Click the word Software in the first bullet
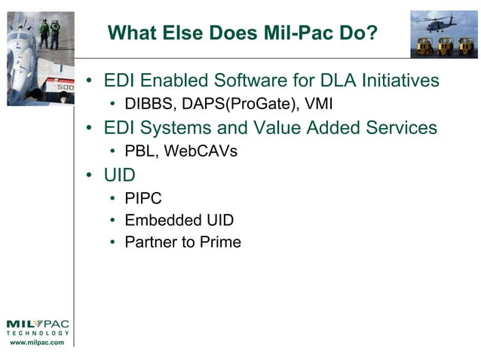(x=265, y=81)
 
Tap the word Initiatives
(x=403, y=81)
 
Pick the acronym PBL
(x=140, y=151)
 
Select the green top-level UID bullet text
(x=120, y=175)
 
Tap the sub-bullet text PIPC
(x=143, y=199)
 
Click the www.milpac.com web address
(x=36, y=343)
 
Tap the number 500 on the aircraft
(x=66, y=87)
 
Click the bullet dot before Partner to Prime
(x=112, y=243)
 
